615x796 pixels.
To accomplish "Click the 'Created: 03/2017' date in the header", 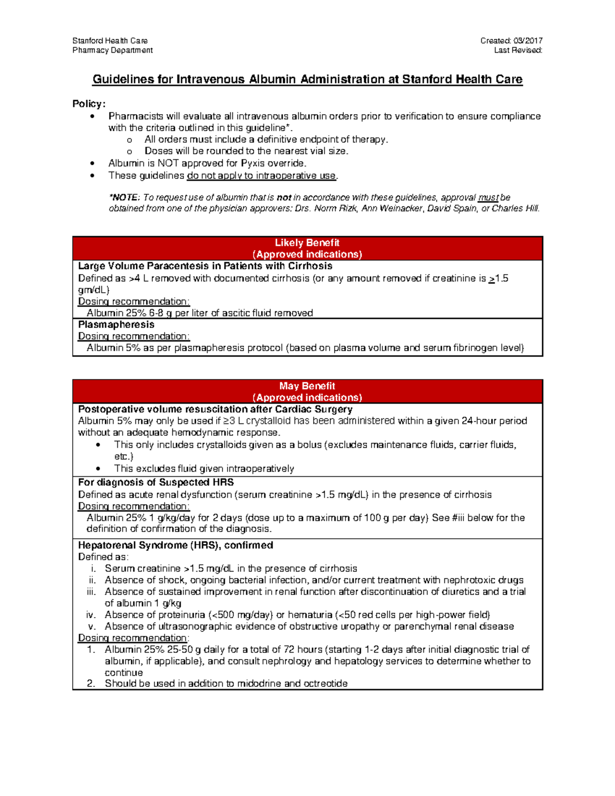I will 511,40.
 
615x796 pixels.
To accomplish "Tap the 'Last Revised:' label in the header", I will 518,50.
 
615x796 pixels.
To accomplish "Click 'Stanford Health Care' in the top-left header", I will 110,40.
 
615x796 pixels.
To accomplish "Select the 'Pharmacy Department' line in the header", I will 112,50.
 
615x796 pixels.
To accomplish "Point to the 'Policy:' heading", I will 89,104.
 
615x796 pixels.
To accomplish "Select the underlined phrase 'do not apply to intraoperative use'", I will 261,176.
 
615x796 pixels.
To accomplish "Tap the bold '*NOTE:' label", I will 124,197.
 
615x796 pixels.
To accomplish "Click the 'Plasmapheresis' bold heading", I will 116,324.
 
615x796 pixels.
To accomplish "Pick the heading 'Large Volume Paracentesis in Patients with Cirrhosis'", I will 205,266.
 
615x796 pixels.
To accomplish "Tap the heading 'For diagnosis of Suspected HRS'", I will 156,482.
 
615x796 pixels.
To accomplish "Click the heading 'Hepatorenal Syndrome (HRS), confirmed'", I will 175,545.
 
